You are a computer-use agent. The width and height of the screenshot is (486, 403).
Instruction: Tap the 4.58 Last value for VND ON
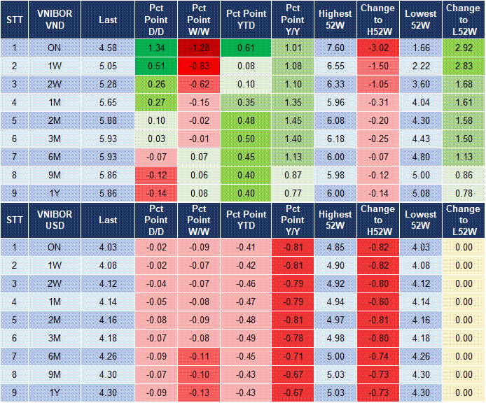tap(108, 48)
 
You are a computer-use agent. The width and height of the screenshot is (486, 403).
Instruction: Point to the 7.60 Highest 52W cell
tap(335, 48)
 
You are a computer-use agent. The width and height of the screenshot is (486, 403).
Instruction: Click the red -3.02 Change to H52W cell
tap(378, 48)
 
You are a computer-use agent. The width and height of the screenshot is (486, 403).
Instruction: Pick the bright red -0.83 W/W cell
tap(200, 66)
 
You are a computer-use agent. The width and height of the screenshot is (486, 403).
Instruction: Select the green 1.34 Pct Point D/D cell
tap(156, 48)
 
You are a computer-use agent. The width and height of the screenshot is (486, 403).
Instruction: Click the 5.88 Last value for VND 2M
tap(108, 120)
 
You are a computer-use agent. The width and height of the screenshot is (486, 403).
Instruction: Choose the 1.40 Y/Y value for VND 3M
tap(291, 139)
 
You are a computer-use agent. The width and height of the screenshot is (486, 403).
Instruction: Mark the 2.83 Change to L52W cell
tap(463, 66)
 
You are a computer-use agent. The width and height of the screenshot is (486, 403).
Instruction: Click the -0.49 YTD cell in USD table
tap(245, 338)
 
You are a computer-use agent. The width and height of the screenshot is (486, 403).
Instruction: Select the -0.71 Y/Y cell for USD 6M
tap(291, 356)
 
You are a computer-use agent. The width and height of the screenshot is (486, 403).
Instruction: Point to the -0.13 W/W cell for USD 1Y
tap(200, 393)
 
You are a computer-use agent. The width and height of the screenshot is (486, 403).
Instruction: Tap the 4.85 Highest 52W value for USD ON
tap(335, 247)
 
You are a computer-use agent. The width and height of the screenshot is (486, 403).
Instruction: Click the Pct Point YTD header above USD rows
tap(245, 220)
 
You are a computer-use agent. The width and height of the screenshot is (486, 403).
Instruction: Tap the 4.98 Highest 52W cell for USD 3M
tap(335, 338)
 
